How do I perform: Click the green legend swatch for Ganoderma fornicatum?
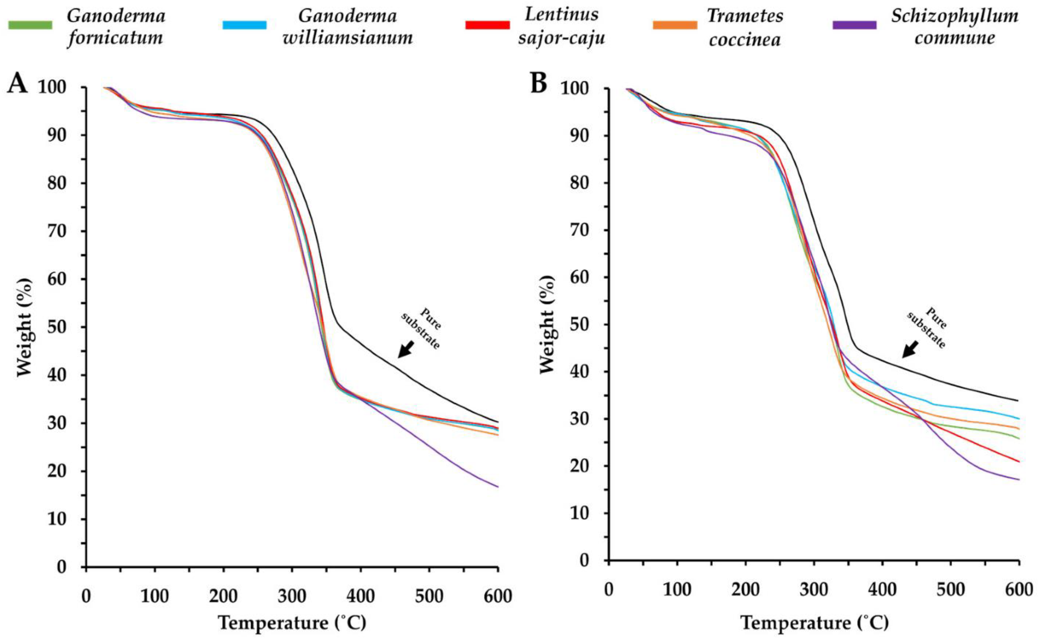pos(30,25)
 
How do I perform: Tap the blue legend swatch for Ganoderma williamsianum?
pos(244,25)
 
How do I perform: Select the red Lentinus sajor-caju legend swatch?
pos(487,25)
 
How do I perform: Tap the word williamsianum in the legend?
pos(348,38)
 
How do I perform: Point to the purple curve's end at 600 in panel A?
pos(498,487)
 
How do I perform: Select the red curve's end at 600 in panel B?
pos(1019,461)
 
